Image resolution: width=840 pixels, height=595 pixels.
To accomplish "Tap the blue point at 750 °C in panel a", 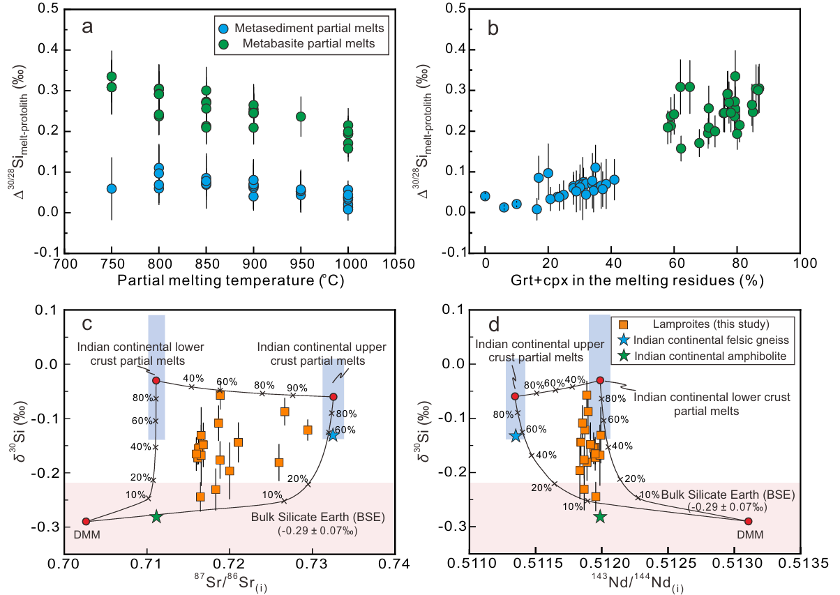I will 112,188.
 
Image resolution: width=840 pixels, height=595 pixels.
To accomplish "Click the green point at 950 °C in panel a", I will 301,116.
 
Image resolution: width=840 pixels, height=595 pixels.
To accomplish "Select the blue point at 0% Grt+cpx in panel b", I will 485,196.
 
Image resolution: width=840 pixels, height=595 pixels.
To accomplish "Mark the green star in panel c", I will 156,517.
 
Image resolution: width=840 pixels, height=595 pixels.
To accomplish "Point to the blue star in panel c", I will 333,435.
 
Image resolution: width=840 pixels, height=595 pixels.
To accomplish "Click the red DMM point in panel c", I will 86,521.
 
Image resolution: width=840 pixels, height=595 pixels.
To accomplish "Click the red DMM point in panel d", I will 749,521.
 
